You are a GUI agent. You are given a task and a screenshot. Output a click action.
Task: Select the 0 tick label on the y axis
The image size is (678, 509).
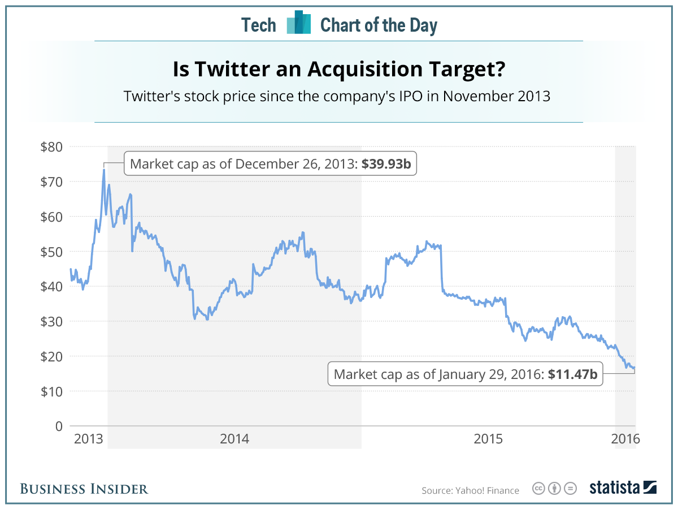pos(58,426)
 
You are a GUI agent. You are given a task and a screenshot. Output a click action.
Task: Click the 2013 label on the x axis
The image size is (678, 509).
pos(88,439)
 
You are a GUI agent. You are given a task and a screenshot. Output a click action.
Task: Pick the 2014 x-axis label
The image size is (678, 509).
pos(234,439)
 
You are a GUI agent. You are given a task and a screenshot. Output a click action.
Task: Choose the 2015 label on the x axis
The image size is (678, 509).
pos(488,439)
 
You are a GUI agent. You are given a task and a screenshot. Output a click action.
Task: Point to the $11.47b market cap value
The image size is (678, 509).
pos(572,374)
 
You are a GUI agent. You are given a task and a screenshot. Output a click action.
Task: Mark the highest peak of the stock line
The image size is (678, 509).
pos(104,169)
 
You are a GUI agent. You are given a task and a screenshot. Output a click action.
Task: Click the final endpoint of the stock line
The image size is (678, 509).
pos(635,368)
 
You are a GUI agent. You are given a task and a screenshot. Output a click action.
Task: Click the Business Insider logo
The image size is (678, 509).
pos(84,489)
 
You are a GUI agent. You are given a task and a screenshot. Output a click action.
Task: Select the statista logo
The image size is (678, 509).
pos(623,488)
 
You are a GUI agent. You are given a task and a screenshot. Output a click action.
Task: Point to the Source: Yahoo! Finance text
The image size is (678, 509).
pos(470,490)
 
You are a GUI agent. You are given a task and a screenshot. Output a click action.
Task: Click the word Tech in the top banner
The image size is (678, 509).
pos(259,25)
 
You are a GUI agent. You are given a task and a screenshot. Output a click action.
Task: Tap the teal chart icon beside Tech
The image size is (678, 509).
pos(299,23)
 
